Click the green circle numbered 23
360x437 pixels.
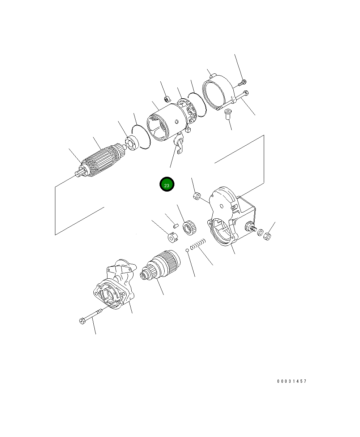click(167, 184)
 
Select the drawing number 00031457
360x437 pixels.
click(292, 381)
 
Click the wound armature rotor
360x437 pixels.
click(102, 160)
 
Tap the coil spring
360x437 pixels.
click(198, 244)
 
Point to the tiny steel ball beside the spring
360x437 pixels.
click(187, 250)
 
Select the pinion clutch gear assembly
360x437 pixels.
click(160, 265)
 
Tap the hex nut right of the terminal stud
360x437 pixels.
click(267, 236)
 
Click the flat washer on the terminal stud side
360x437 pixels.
click(260, 232)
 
